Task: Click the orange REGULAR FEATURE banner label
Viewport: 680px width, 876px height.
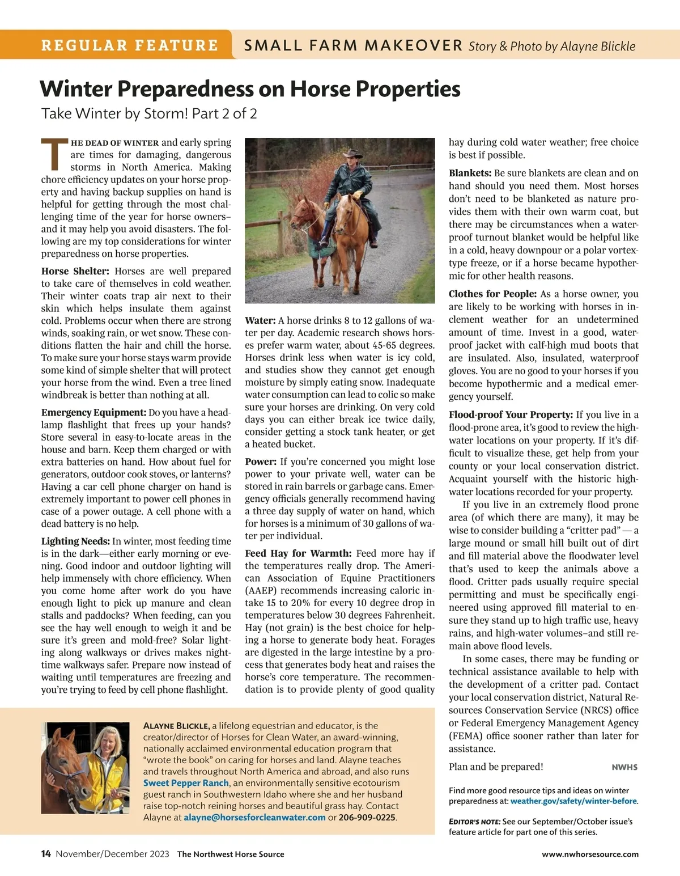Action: [x=129, y=45]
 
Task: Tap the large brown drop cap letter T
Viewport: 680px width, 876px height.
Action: [x=54, y=154]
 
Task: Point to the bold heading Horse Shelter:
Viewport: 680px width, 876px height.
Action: [x=75, y=271]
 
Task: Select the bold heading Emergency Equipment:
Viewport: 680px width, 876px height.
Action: [x=93, y=413]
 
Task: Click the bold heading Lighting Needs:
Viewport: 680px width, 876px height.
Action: [x=75, y=541]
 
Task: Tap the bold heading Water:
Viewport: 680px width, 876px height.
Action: [x=260, y=320]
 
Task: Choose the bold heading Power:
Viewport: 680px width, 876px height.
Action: [x=261, y=462]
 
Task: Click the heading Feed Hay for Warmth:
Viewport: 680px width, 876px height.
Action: [x=298, y=553]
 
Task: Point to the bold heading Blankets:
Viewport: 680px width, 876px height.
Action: [x=470, y=173]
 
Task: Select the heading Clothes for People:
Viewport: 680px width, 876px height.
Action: [x=492, y=294]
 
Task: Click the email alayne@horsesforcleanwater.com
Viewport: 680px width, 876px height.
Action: [x=254, y=817]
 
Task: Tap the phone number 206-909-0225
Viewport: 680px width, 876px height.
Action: [x=367, y=817]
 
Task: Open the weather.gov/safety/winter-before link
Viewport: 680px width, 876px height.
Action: [x=573, y=801]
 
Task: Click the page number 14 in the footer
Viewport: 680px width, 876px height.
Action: [x=46, y=854]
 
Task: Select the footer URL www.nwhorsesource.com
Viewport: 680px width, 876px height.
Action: [x=590, y=854]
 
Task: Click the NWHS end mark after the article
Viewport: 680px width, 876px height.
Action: [x=624, y=767]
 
